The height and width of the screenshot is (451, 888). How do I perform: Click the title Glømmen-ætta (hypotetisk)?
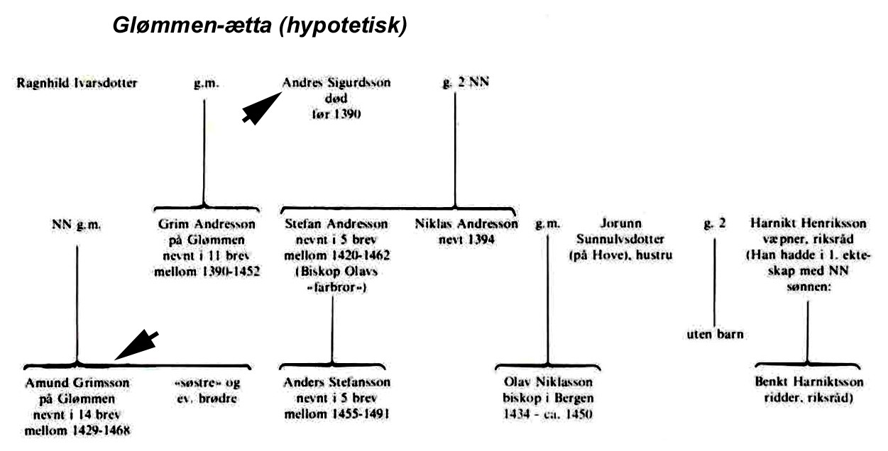(x=260, y=26)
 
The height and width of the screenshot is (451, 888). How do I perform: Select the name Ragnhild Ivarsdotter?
(x=77, y=83)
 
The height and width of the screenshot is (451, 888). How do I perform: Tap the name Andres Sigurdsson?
(x=336, y=83)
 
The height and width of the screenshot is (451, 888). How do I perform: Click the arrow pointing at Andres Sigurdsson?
(x=262, y=108)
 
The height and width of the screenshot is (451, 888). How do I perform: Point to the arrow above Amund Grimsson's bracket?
(x=137, y=345)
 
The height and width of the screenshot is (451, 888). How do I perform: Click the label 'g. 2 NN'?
(x=466, y=82)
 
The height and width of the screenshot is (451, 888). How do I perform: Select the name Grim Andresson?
(x=207, y=224)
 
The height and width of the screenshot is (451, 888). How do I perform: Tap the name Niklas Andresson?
(x=466, y=223)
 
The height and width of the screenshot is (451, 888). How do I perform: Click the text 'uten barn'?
(x=715, y=335)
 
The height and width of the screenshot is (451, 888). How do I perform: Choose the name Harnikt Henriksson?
(x=808, y=223)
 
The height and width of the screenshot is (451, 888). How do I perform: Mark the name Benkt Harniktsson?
(x=809, y=382)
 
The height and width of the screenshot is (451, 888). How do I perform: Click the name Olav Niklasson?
(x=548, y=382)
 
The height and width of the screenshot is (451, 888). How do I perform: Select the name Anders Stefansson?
(x=337, y=382)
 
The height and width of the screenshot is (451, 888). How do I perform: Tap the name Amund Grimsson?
(x=77, y=383)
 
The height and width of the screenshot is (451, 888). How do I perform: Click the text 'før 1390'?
(x=336, y=114)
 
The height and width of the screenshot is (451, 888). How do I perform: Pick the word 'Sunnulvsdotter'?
(x=620, y=239)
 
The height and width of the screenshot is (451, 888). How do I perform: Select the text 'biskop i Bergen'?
(x=548, y=398)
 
